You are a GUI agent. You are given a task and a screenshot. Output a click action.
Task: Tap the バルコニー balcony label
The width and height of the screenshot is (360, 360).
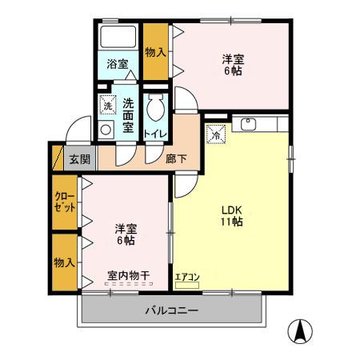(171, 310)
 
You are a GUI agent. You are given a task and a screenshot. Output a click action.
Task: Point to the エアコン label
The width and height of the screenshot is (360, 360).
(187, 277)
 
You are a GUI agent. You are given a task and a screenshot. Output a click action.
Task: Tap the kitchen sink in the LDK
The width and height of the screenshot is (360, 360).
(246, 124)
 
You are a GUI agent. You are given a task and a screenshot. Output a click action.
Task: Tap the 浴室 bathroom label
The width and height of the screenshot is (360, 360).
(118, 64)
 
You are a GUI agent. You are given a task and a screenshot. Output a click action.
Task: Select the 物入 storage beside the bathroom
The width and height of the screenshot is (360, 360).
(155, 52)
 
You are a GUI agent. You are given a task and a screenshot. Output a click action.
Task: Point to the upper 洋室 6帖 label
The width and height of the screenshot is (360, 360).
(233, 63)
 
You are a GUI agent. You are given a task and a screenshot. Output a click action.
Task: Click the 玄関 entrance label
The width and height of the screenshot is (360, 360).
(78, 158)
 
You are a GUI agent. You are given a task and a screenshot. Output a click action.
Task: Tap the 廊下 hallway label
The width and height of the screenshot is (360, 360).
(177, 158)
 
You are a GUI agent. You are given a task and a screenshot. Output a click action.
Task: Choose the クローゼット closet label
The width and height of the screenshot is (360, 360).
(65, 201)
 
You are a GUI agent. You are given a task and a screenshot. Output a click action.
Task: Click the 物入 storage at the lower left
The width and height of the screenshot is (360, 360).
(64, 262)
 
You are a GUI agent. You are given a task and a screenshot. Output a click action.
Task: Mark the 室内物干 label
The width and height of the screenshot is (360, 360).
(127, 276)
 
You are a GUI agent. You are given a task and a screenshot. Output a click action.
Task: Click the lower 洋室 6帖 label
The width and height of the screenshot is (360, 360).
(124, 234)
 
